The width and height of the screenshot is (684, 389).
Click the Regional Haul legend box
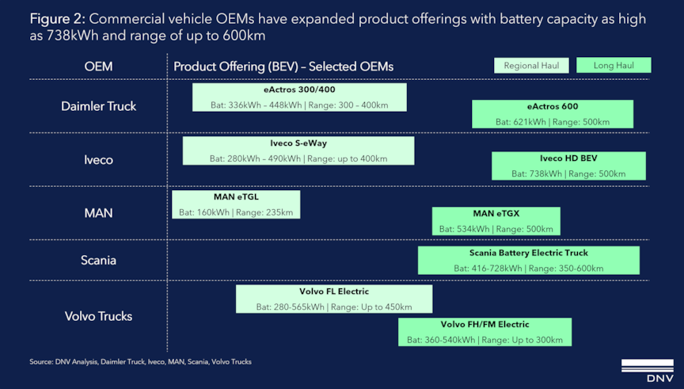tap(531, 66)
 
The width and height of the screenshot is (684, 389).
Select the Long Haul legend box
tap(614, 66)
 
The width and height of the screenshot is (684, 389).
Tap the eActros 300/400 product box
tap(299, 97)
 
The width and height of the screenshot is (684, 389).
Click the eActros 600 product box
tap(553, 114)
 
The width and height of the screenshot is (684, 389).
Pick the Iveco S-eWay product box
tap(298, 151)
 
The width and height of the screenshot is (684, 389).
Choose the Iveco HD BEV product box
tap(568, 166)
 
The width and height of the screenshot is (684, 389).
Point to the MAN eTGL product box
tap(236, 204)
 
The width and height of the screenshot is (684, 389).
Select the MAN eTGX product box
tap(496, 221)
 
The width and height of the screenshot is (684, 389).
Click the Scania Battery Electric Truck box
tap(529, 260)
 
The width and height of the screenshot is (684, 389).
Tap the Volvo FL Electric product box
tap(334, 299)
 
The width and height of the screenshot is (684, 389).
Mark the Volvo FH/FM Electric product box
tap(484, 332)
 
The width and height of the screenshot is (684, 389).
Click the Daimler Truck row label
tap(99, 106)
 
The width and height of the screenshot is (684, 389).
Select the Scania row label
tap(99, 260)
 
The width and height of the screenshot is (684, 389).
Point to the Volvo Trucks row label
tap(99, 316)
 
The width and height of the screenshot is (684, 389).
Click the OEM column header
tap(99, 67)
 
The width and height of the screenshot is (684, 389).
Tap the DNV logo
tap(648, 371)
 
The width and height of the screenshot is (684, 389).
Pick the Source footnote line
tap(140, 362)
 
